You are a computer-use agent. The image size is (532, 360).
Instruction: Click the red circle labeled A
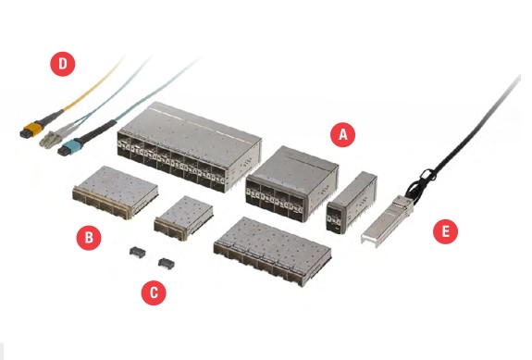point(342,135)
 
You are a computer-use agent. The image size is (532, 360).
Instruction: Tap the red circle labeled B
point(89,238)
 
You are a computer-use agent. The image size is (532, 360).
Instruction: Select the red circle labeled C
point(154,292)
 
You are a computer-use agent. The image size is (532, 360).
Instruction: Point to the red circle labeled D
point(62,64)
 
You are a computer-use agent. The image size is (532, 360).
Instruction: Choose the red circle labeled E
point(445,231)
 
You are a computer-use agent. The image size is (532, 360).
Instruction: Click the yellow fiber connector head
point(31,130)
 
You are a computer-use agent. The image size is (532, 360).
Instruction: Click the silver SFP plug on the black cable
point(387,221)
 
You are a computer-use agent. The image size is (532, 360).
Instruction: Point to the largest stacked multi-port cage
point(190,147)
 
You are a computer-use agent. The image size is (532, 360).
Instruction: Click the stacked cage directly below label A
point(291,184)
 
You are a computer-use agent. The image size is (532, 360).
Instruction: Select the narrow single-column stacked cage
point(352,203)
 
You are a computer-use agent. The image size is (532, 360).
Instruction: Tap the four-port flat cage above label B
point(116,192)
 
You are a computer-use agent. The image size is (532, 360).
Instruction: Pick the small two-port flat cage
point(183,217)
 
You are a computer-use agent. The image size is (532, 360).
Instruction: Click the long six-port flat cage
point(272,251)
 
